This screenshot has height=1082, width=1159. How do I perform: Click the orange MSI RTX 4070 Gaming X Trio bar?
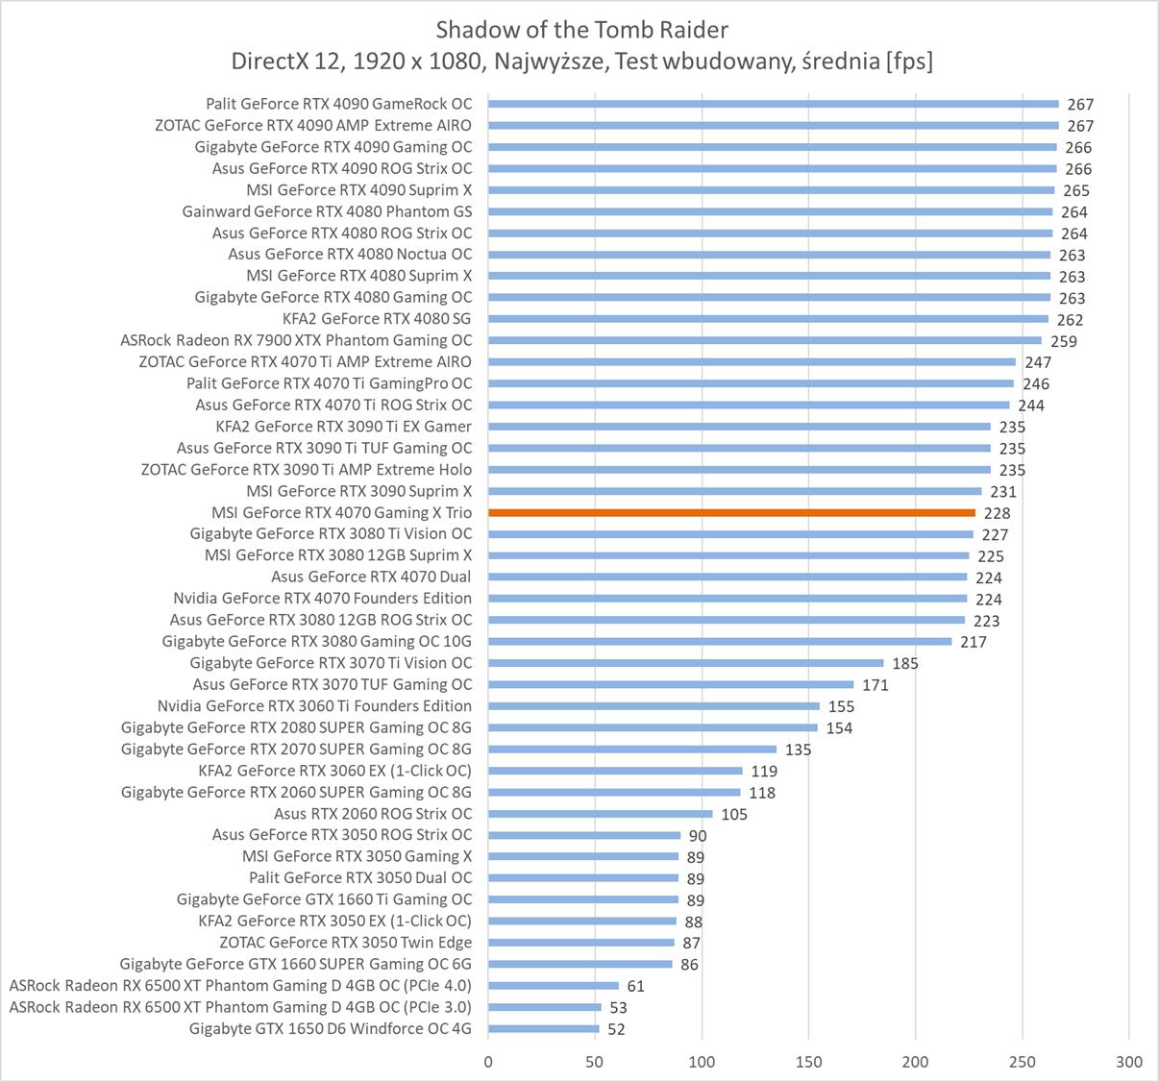(x=731, y=513)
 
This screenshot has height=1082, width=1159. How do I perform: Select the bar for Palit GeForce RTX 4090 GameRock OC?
(x=773, y=104)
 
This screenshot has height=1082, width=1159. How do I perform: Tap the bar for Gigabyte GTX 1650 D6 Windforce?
(x=543, y=1029)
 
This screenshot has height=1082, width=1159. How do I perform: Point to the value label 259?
(x=1064, y=341)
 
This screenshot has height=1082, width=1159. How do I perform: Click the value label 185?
(x=905, y=663)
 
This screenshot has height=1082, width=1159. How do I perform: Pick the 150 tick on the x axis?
(x=808, y=1061)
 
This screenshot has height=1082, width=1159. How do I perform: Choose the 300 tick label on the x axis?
(x=1129, y=1061)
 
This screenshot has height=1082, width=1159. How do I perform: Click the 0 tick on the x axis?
(x=488, y=1061)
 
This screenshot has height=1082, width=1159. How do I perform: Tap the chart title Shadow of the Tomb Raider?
(x=581, y=29)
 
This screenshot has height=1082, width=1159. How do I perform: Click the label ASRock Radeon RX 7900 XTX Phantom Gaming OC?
(x=296, y=340)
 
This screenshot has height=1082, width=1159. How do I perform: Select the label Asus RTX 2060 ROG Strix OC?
(x=373, y=814)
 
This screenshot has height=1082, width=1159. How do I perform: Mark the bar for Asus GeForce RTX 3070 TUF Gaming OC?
(x=671, y=685)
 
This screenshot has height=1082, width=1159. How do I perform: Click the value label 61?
(x=635, y=986)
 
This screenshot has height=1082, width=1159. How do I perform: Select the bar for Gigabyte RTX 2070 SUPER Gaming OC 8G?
(x=632, y=750)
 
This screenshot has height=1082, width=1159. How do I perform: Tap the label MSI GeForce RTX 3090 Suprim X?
(x=358, y=491)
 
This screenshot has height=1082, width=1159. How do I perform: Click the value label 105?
(x=734, y=814)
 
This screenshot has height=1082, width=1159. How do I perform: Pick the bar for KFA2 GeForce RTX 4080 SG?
(x=768, y=319)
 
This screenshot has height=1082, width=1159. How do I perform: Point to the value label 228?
(x=997, y=513)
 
